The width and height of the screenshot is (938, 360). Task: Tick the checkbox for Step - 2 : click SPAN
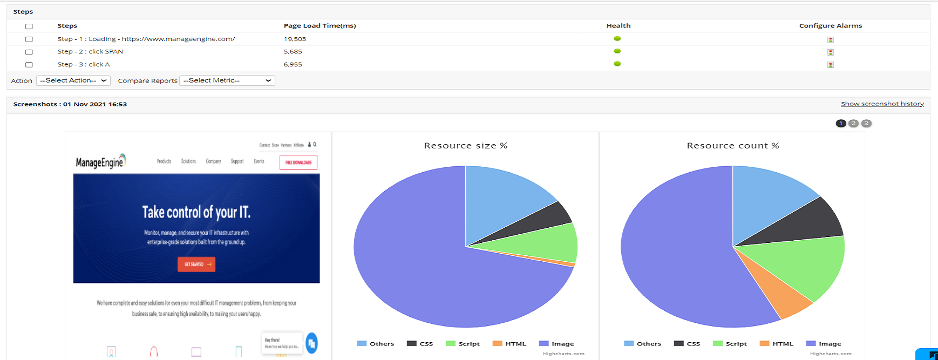pyautogui.click(x=29, y=52)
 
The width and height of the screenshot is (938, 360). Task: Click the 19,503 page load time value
pyautogui.click(x=295, y=39)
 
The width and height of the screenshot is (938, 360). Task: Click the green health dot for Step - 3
pyautogui.click(x=617, y=64)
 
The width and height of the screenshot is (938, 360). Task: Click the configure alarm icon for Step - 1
pyautogui.click(x=831, y=39)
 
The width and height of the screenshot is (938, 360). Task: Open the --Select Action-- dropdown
pyautogui.click(x=73, y=80)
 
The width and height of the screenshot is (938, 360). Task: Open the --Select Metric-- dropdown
pyautogui.click(x=227, y=80)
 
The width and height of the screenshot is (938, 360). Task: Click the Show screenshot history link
pyautogui.click(x=882, y=104)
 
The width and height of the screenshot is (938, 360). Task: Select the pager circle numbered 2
pyautogui.click(x=853, y=123)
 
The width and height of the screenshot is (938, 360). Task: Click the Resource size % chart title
pyautogui.click(x=465, y=146)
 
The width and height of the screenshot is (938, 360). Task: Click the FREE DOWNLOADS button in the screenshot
pyautogui.click(x=298, y=162)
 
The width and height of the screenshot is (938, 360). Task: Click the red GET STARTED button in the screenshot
pyautogui.click(x=196, y=264)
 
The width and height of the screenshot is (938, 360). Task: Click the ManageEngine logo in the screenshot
pyautogui.click(x=100, y=161)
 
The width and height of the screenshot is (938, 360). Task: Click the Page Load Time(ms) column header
pyautogui.click(x=320, y=25)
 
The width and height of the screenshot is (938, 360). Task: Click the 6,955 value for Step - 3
pyautogui.click(x=293, y=64)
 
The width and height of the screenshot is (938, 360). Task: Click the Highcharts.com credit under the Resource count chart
pyautogui.click(x=831, y=354)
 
